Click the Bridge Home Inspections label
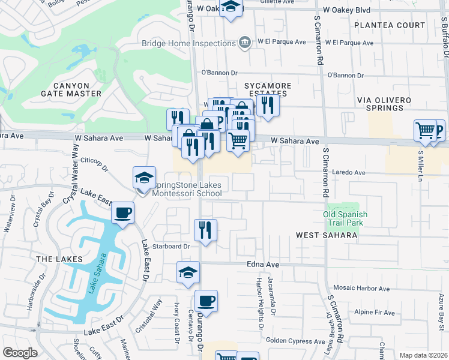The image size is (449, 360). (x=188, y=43)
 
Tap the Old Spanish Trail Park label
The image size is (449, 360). (x=345, y=218)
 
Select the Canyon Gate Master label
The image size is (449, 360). (x=71, y=89)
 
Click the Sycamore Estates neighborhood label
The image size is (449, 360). (x=267, y=90)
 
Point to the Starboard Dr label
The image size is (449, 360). (x=172, y=246)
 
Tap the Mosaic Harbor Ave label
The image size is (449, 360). (x=367, y=287)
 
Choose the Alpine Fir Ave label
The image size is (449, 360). (x=375, y=313)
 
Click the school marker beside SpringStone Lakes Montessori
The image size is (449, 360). (x=144, y=178)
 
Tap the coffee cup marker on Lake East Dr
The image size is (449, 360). (x=122, y=213)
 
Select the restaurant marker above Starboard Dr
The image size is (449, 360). (x=205, y=230)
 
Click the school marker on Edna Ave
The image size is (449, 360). (x=188, y=272)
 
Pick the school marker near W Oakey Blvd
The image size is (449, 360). (x=230, y=8)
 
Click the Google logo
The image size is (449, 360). (x=20, y=353)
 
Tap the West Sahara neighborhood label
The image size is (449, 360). (x=327, y=235)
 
